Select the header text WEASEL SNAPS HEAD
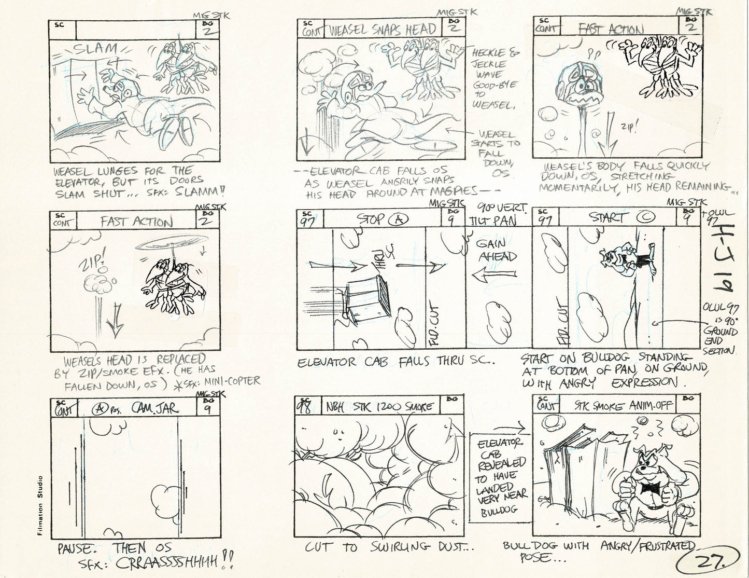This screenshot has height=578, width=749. [382, 30]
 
